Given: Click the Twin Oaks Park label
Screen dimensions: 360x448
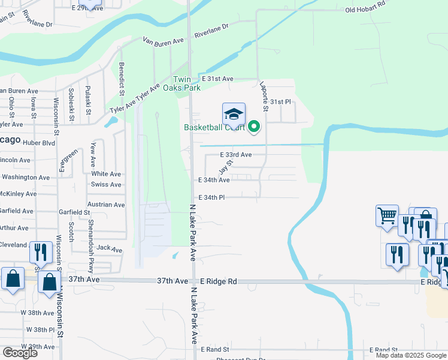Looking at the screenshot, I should coord(186,83).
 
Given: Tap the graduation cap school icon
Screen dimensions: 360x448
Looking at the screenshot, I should coord(234,114).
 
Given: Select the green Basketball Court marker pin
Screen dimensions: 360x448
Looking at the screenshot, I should coord(254,127).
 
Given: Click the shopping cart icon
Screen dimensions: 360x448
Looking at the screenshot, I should coord(387,215).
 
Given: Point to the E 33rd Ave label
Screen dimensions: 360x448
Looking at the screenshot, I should coord(235,155).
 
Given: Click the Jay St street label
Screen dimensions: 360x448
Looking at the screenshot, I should coord(225,167).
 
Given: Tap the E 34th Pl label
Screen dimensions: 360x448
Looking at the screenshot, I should coord(211,197).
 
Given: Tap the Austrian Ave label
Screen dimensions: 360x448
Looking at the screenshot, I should coord(106,205).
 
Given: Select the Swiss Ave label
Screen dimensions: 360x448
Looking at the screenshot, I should coord(106,184).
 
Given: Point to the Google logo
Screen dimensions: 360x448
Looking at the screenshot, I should coord(19,353).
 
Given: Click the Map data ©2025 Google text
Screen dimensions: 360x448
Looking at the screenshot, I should coord(410,355).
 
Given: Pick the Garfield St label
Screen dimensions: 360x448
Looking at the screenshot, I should coord(74,212).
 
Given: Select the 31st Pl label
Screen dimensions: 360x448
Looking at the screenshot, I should coord(280,102).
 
